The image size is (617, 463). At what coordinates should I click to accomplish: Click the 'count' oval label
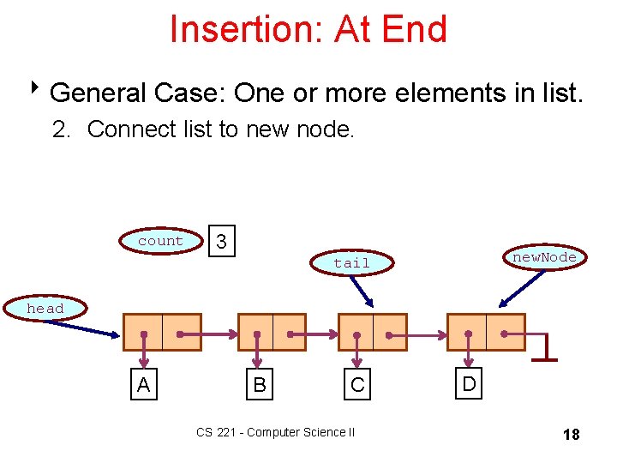[160, 241]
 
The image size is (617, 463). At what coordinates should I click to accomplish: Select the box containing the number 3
[222, 243]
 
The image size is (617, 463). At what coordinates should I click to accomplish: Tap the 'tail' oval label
[351, 262]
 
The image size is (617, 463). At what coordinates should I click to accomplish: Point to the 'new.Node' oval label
[544, 257]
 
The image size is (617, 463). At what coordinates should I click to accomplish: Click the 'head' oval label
[45, 308]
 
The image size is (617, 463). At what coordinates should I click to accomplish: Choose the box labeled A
[143, 386]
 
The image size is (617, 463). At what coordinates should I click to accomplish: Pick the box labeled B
[259, 386]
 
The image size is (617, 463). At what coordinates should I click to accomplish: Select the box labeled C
[357, 386]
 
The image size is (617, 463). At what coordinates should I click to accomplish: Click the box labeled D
[469, 383]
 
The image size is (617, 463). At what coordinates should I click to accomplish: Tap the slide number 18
[571, 435]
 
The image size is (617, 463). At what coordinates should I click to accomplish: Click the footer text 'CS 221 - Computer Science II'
[275, 432]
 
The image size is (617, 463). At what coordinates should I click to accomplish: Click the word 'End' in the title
[415, 29]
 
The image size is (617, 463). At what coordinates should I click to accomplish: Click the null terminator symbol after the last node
[543, 348]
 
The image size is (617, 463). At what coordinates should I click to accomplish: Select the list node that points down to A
[162, 332]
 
